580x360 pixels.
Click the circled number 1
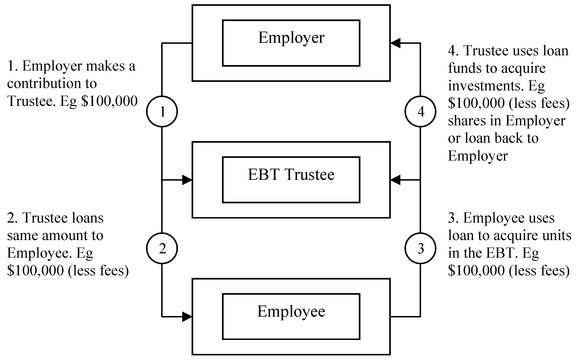tap(161, 112)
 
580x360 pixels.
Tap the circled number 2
tap(161, 245)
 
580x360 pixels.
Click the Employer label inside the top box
tap(290, 39)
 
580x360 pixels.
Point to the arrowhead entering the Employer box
tap(396, 44)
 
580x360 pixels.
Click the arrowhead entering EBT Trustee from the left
tap(185, 181)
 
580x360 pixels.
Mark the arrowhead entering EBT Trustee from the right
tap(396, 181)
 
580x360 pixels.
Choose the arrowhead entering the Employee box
tap(185, 318)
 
